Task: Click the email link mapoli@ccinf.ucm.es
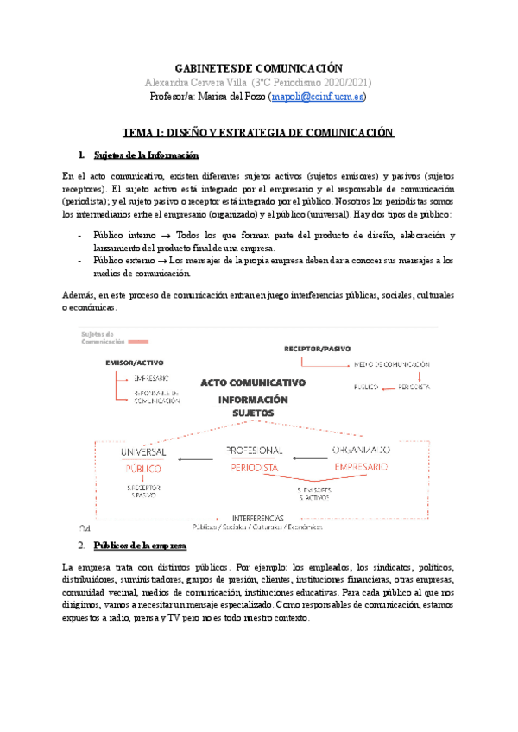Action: point(319,98)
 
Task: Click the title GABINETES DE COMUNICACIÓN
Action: point(259,68)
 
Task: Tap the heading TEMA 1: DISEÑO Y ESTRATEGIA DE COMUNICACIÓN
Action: point(259,133)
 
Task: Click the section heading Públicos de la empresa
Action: point(143,546)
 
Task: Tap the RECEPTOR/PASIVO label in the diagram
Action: point(319,348)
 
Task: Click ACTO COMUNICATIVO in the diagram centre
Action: point(253,382)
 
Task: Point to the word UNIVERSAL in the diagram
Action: point(139,451)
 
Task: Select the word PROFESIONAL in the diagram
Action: point(254,451)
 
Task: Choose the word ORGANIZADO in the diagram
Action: point(361,451)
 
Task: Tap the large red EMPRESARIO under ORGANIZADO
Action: point(363,468)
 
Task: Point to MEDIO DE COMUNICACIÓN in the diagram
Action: point(392,364)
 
